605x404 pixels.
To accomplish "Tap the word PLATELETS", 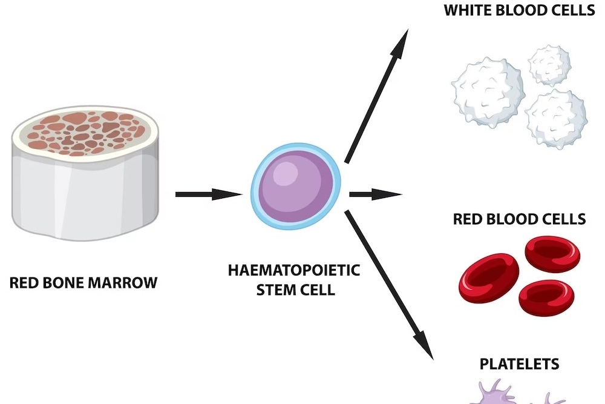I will point(519,364).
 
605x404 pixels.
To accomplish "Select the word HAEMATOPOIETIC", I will point(293,270).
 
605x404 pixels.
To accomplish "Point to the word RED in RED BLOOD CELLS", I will point(467,218).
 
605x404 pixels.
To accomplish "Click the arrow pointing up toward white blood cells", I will point(374,97).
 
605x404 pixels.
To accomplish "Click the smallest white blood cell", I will point(549,64).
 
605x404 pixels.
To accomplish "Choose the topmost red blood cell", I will point(552,253).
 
